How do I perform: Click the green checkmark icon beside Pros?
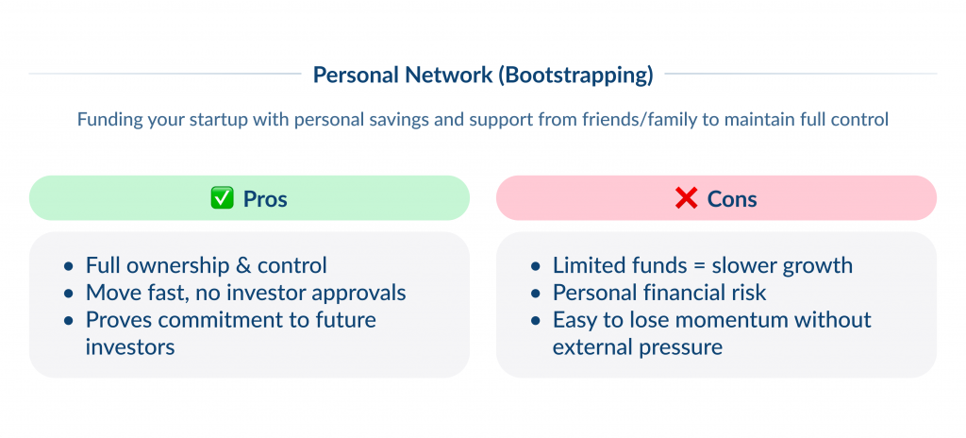221,199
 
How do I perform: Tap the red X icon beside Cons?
687,199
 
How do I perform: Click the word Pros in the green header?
265,199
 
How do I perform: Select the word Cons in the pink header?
732,199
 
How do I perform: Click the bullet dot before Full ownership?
69,266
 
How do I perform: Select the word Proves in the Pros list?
118,320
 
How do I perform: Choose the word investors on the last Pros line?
131,347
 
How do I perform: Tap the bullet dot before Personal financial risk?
536,294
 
